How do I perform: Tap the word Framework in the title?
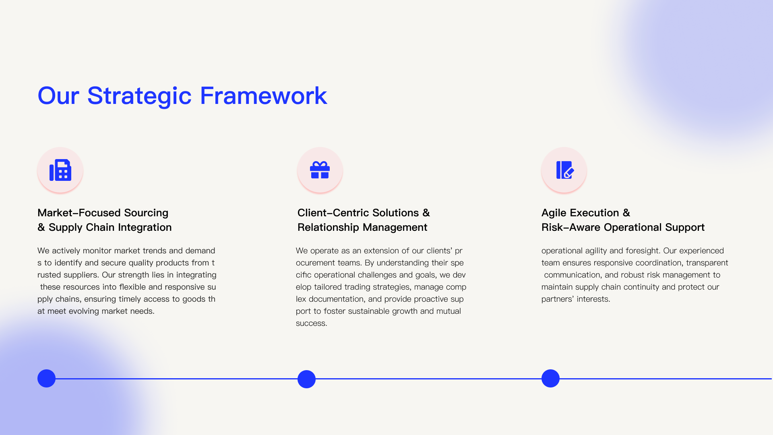[263, 96]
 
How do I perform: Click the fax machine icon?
[60, 170]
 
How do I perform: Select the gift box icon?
[320, 170]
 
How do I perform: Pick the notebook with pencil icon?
[565, 170]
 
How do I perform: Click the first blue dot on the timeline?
[46, 379]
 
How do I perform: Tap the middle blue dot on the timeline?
[306, 379]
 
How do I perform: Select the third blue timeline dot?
[550, 379]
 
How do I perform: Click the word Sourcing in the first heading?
[146, 213]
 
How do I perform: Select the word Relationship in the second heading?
[328, 228]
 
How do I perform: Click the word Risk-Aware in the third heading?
[571, 228]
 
